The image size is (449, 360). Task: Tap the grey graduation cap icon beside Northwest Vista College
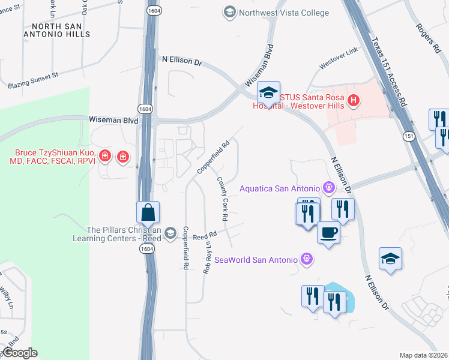pos(229,12)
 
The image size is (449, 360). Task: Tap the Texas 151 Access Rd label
pos(388,73)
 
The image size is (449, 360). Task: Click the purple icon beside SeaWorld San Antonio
pos(307,259)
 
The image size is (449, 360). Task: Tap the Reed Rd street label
pos(205,238)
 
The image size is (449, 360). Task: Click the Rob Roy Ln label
pos(208,256)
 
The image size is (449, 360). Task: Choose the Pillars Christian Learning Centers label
pos(124,235)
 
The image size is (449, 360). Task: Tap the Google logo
pos(19,353)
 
